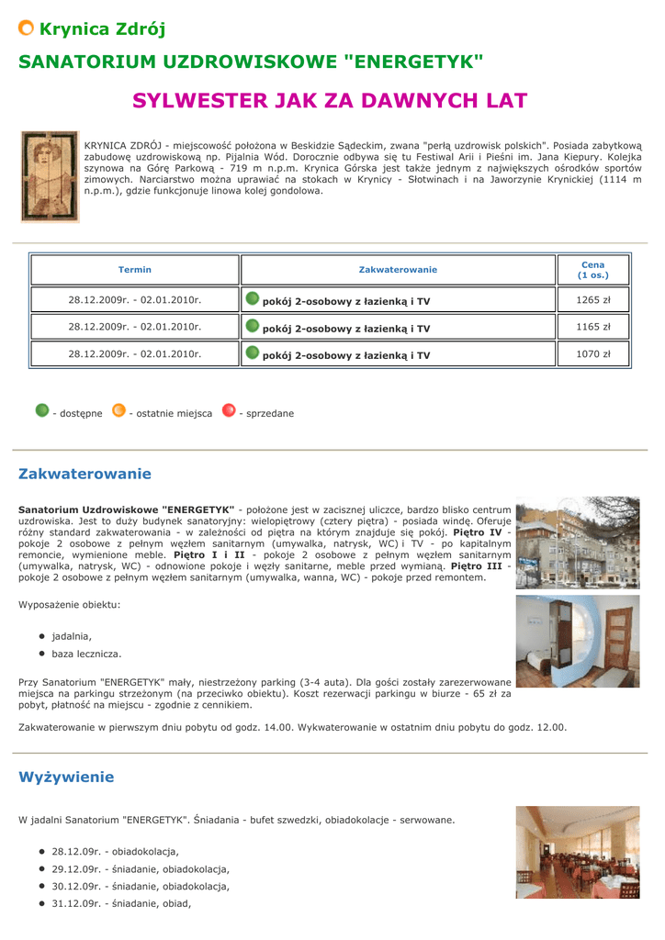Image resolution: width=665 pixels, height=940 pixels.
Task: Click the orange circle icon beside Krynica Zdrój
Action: coord(27,28)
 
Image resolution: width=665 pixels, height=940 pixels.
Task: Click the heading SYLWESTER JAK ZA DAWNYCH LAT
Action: coord(330,100)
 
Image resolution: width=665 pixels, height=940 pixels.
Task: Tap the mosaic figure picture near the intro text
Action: coord(51,176)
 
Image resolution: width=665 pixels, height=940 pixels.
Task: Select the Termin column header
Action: coord(135,270)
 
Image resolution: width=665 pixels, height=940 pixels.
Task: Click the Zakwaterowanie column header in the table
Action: coord(398,270)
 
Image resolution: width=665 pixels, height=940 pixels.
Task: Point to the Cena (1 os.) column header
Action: coord(593,270)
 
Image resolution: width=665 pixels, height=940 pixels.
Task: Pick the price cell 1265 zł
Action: coord(593,300)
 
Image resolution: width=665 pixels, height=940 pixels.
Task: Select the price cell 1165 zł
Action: coord(593,327)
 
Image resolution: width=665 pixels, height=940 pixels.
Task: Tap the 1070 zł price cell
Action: coord(593,353)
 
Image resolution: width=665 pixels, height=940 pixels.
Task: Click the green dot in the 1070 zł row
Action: coord(253,352)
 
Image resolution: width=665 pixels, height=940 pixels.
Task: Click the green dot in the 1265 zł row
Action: coord(253,298)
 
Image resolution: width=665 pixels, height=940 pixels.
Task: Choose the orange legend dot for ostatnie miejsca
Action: coord(118,410)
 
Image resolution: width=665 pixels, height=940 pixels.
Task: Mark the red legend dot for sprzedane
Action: coord(229,410)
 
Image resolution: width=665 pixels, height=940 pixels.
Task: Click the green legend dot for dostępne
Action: coord(41,410)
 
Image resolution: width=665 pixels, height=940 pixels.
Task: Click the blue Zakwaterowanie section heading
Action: coord(85,475)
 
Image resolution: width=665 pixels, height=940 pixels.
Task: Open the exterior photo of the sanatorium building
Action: coord(577,544)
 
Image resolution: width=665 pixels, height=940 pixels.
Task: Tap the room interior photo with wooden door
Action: coord(577,641)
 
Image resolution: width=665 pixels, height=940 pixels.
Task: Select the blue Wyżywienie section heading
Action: coord(66,778)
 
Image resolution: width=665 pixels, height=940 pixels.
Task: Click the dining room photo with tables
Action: coord(577,852)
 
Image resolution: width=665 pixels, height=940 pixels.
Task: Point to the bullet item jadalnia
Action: coord(72,636)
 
